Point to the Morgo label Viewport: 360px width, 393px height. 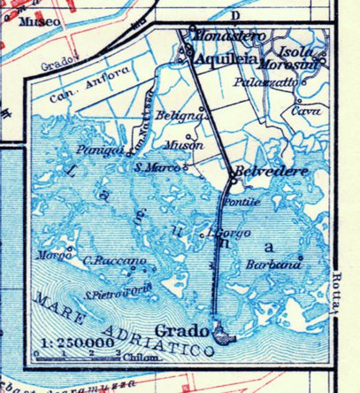(x=50, y=256)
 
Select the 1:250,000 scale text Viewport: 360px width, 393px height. (x=69, y=341)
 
